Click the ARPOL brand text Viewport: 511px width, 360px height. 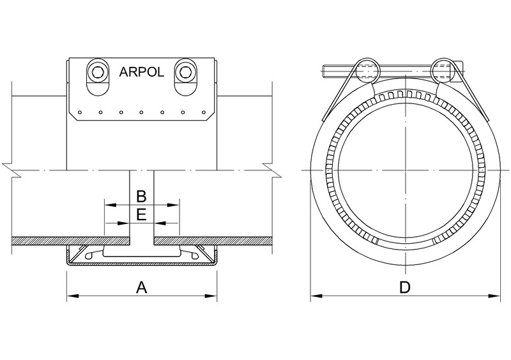pos(142,71)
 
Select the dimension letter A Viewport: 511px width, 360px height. pos(142,288)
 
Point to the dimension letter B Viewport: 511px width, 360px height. pos(142,195)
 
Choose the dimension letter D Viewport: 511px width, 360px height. pos(404,288)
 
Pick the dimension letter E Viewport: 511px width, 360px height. pos(142,214)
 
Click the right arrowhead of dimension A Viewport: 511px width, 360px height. pos(213,296)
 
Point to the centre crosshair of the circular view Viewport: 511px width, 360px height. pos(404,171)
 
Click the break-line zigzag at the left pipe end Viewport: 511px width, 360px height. pos(8,169)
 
